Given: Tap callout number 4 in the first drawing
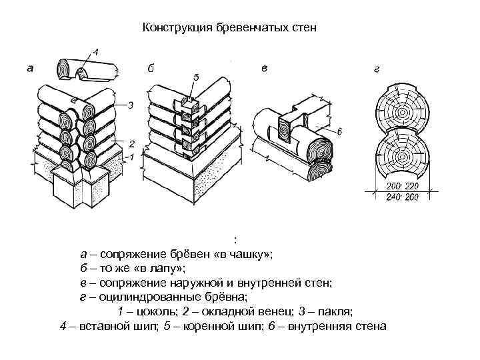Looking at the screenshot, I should click(96, 51).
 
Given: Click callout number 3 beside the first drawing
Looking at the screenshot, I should click(131, 105).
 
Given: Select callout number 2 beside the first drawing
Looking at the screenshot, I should click(131, 143).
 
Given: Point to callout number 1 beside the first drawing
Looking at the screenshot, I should click(131, 157).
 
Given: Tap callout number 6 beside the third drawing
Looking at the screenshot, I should click(339, 133).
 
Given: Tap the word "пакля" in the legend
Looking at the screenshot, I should click(331, 312).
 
